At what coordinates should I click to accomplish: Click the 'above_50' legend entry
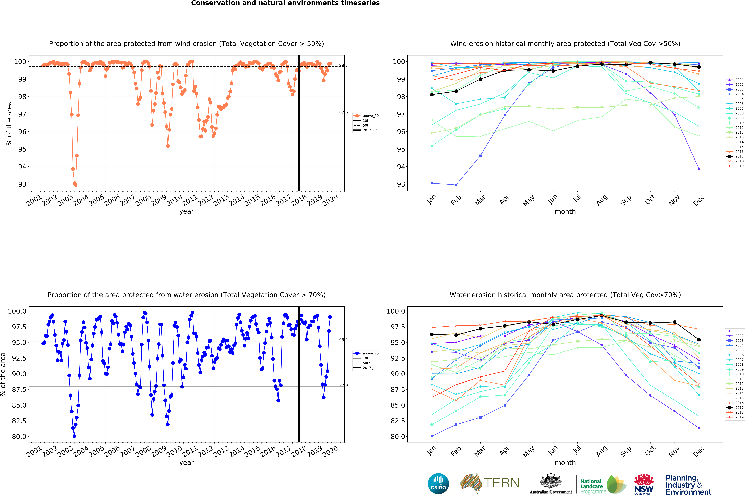[x=370, y=116]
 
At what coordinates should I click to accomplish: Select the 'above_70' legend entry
[x=370, y=353]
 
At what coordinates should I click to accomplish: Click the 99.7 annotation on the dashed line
[x=343, y=65]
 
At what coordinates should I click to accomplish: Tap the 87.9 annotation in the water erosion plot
[x=343, y=385]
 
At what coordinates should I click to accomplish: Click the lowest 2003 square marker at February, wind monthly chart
[x=456, y=185]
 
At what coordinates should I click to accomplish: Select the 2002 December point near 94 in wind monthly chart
[x=699, y=169]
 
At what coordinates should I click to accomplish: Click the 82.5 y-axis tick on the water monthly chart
[x=398, y=421]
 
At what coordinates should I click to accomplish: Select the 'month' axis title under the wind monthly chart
[x=565, y=211]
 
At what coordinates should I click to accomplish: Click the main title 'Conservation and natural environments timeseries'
[x=285, y=3]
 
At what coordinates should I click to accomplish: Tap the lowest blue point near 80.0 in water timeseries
[x=74, y=436]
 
